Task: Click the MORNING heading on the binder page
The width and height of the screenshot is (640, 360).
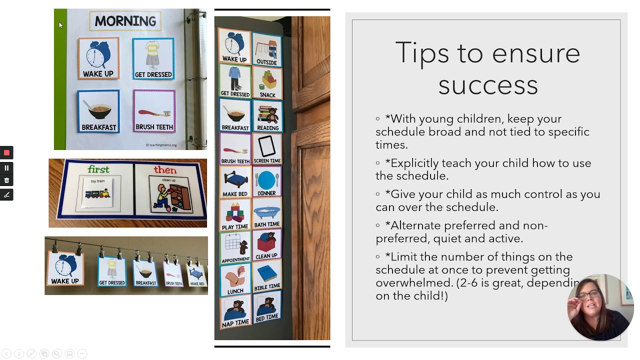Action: [125, 21]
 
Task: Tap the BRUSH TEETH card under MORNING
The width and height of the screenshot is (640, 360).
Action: [154, 111]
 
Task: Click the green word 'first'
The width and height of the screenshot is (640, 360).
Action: [98, 169]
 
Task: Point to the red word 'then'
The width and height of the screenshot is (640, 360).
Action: [165, 170]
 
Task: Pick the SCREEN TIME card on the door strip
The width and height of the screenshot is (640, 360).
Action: [267, 149]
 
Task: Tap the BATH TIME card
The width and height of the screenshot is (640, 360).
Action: [267, 213]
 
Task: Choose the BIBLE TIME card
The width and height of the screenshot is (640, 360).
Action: [267, 277]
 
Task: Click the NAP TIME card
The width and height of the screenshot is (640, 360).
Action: [235, 311]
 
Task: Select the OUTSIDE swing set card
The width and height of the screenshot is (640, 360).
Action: [267, 49]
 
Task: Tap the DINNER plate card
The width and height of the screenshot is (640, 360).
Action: [267, 181]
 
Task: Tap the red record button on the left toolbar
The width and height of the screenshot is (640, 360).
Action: [6, 152]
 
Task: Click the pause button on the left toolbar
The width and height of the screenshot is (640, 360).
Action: [6, 168]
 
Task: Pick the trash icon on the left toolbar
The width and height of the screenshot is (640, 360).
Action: [6, 180]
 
